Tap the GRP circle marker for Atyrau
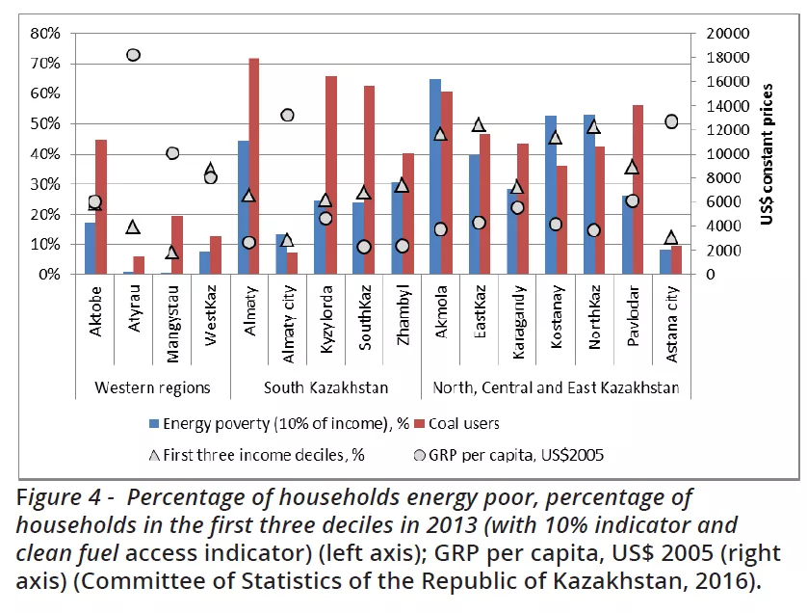(x=134, y=55)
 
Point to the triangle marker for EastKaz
(x=479, y=124)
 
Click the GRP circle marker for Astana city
(x=671, y=121)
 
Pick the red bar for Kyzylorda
(x=331, y=174)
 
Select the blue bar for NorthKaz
(x=588, y=194)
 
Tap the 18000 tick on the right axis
(x=723, y=57)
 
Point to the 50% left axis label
(x=46, y=123)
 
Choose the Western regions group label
(x=152, y=387)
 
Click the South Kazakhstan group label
(x=326, y=387)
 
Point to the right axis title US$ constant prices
(x=768, y=154)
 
